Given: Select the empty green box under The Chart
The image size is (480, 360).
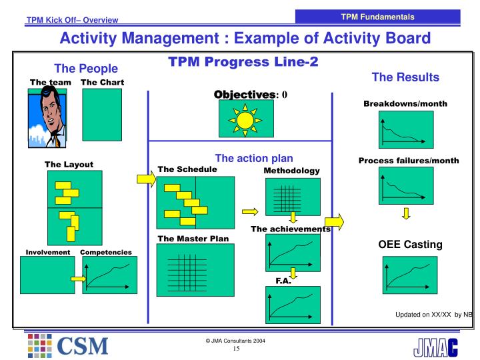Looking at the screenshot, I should point(102,119).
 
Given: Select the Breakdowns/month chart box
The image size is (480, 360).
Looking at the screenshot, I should point(405,129).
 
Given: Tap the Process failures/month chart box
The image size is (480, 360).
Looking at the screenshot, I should point(405,187).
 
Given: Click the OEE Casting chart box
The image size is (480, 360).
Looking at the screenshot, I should point(405,275).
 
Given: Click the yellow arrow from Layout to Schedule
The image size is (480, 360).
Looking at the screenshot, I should point(145,179).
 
